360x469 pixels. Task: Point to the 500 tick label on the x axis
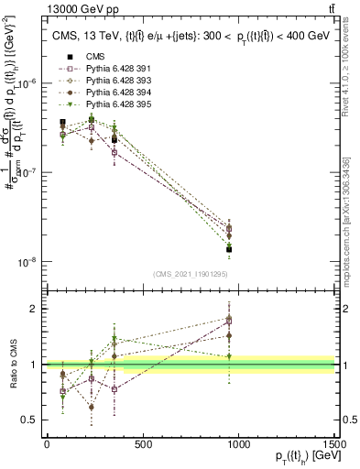click(142, 445)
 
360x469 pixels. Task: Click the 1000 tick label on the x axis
click(238, 445)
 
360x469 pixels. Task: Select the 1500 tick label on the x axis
click(333, 445)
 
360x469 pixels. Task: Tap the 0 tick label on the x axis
click(47, 445)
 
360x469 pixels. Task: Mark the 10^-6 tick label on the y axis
click(29, 82)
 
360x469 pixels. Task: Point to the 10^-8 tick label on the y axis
click(29, 262)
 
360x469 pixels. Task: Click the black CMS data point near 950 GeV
click(229, 249)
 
